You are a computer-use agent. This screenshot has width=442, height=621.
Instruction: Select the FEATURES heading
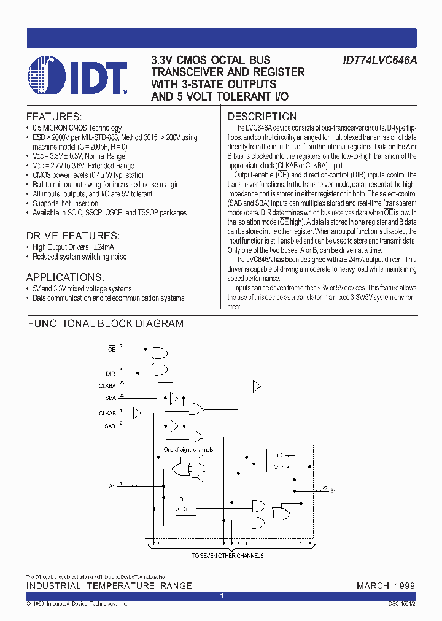coord(54,117)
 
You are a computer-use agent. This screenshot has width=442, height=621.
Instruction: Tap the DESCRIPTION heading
coord(262,117)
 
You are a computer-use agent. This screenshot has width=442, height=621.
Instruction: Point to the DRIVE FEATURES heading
coord(72,236)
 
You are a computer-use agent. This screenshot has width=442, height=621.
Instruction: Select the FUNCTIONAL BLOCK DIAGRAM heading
coord(106,323)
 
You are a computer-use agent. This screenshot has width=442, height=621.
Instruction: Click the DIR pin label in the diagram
coord(110,373)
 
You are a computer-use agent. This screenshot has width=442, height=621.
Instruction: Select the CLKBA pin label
coord(107,386)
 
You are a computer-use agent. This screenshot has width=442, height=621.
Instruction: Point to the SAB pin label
coord(109,425)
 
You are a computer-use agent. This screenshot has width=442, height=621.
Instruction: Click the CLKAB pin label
coord(107,413)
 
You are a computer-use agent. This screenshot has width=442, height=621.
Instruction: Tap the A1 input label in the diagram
coord(112,486)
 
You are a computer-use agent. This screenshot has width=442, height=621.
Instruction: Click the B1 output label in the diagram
coord(333,491)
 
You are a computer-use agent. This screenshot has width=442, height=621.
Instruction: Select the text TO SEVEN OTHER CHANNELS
coord(227,555)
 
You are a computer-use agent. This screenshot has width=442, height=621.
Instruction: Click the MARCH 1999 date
coord(386,586)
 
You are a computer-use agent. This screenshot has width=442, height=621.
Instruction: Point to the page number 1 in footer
coord(222,596)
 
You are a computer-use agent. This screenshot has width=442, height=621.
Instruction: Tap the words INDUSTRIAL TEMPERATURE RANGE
coord(109,586)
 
